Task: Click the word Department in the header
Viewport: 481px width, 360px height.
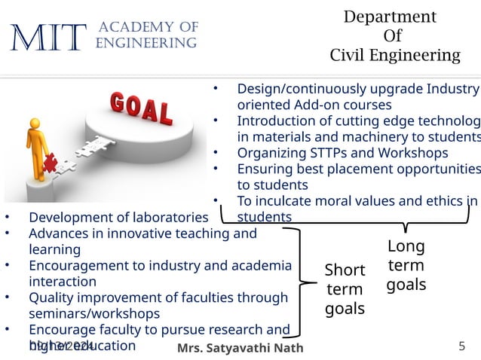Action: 389,17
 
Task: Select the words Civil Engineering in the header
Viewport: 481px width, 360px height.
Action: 395,55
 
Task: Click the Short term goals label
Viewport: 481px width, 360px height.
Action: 345,288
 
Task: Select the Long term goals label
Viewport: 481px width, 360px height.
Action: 406,265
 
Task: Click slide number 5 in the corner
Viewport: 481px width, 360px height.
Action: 461,346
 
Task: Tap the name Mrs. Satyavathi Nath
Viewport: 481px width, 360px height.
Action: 240,347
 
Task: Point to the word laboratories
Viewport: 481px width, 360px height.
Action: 166,218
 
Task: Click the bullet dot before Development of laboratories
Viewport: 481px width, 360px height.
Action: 8,218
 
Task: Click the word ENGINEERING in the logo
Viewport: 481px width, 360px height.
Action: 146,43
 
